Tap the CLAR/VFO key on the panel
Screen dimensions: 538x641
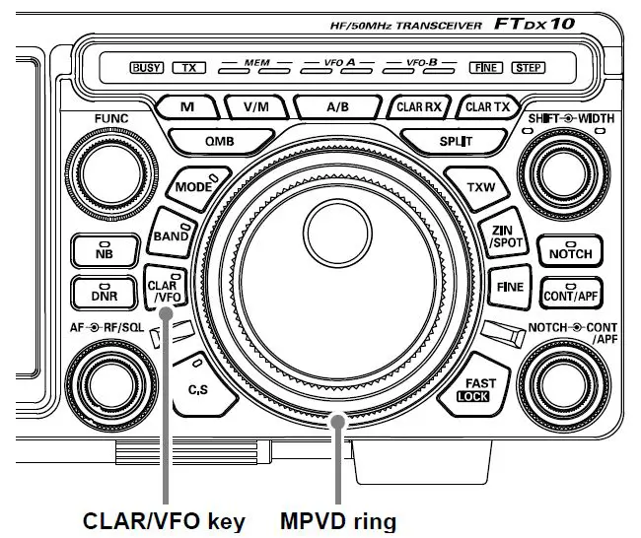[164, 289]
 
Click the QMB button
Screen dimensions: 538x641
[219, 141]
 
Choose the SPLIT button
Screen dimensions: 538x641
[455, 141]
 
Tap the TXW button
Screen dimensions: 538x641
[480, 187]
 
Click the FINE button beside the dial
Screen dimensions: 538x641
[504, 288]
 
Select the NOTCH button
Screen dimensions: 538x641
[571, 252]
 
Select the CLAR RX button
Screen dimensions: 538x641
[420, 105]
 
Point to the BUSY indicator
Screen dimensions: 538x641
[147, 68]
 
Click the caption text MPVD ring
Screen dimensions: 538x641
[341, 518]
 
